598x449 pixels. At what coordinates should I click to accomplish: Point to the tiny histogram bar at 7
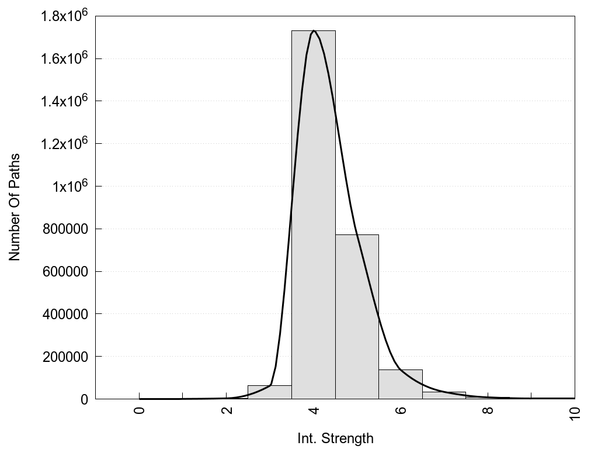click(444, 395)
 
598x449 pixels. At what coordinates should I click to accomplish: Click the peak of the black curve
click(314, 31)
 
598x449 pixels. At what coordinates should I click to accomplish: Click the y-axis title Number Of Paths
click(15, 207)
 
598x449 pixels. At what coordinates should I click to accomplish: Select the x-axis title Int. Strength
click(335, 438)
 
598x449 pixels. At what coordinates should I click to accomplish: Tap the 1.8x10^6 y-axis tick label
click(64, 16)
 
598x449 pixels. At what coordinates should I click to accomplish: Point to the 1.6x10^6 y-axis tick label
click(64, 58)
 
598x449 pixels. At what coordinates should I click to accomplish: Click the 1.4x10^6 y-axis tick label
click(64, 101)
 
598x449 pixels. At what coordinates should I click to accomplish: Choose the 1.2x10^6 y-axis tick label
click(64, 144)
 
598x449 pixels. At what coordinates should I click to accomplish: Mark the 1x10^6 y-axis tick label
click(69, 186)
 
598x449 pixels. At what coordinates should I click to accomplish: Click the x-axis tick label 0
click(139, 410)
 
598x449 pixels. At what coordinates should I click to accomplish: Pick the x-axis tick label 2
click(227, 410)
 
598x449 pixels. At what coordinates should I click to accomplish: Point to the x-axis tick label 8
click(488, 410)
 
